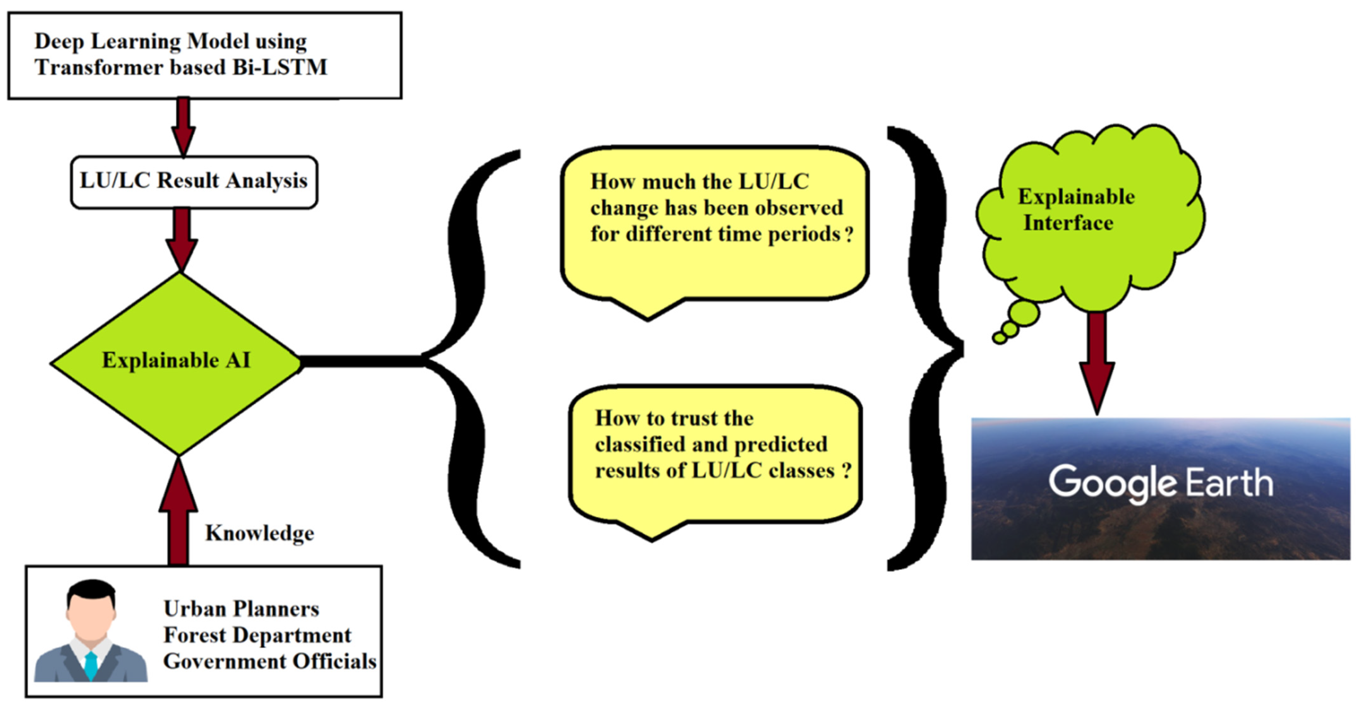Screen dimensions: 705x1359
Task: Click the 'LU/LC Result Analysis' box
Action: click(x=194, y=182)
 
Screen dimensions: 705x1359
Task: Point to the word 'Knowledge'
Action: click(x=260, y=533)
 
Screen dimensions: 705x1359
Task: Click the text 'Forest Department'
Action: click(x=257, y=635)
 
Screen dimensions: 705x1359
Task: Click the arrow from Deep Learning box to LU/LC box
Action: click(x=183, y=127)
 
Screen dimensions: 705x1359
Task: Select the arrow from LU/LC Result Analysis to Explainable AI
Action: click(x=182, y=238)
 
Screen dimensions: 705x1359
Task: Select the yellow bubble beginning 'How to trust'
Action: click(x=715, y=454)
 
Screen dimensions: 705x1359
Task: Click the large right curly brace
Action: click(x=929, y=348)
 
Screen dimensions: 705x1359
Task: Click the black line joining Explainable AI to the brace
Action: click(x=361, y=361)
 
